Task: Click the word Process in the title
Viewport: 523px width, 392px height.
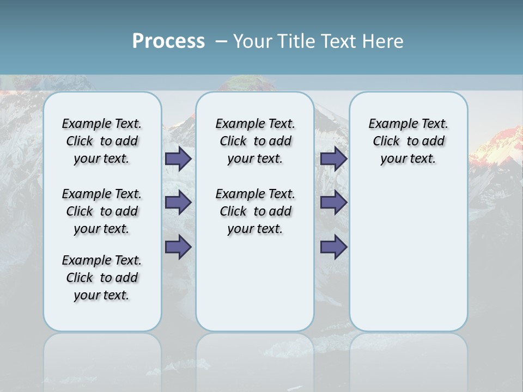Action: pos(168,41)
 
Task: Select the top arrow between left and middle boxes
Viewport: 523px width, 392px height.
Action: pos(178,158)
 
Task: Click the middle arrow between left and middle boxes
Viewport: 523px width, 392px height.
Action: pos(178,203)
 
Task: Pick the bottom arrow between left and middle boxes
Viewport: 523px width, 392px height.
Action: pos(178,247)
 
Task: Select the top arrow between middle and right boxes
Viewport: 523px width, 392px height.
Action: pos(334,158)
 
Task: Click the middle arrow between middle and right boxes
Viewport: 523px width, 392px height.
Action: pos(334,203)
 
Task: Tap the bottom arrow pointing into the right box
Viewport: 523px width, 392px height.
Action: pos(334,247)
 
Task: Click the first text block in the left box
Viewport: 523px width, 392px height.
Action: pos(102,141)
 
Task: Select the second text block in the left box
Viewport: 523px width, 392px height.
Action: pos(102,211)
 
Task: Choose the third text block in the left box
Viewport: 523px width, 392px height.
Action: pos(102,278)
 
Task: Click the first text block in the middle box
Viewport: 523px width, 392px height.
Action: pos(255,141)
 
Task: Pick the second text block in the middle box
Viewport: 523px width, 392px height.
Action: pos(255,211)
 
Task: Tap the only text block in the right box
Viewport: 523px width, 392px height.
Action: pos(408,141)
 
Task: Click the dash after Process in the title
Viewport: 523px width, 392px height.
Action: pos(221,41)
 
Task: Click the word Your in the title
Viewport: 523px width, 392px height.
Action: pos(254,41)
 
